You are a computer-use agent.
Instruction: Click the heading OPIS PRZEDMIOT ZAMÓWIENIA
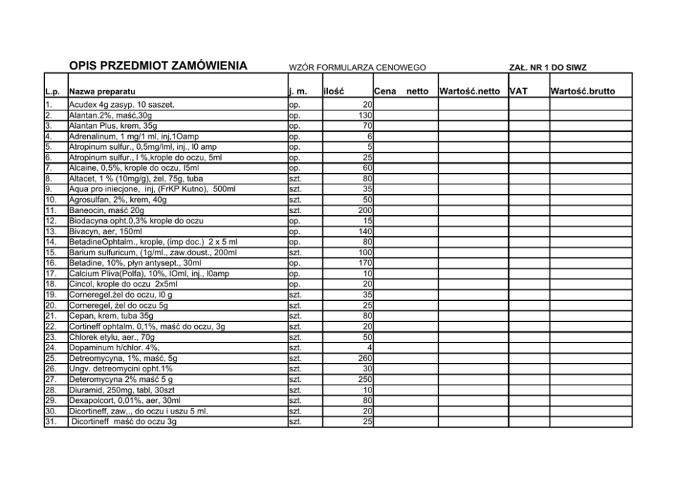pyautogui.click(x=158, y=67)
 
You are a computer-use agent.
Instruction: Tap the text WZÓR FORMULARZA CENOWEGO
pyautogui.click(x=357, y=68)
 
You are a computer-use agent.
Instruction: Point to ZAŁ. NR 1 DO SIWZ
pyautogui.click(x=547, y=68)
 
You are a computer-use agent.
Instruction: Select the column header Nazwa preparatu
pyautogui.click(x=102, y=91)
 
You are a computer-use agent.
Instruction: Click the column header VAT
pyautogui.click(x=519, y=91)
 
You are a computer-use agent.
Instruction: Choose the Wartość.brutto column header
pyautogui.click(x=583, y=91)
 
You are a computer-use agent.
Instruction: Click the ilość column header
pyautogui.click(x=334, y=91)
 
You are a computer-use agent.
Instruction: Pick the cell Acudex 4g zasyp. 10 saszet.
pyautogui.click(x=122, y=105)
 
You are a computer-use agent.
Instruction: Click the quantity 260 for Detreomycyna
pyautogui.click(x=364, y=358)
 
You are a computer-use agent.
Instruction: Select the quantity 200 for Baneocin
pyautogui.click(x=364, y=210)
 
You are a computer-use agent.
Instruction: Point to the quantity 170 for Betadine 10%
pyautogui.click(x=364, y=263)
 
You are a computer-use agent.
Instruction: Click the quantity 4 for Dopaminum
pyautogui.click(x=369, y=347)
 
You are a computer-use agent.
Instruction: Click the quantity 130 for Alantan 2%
pyautogui.click(x=364, y=115)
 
